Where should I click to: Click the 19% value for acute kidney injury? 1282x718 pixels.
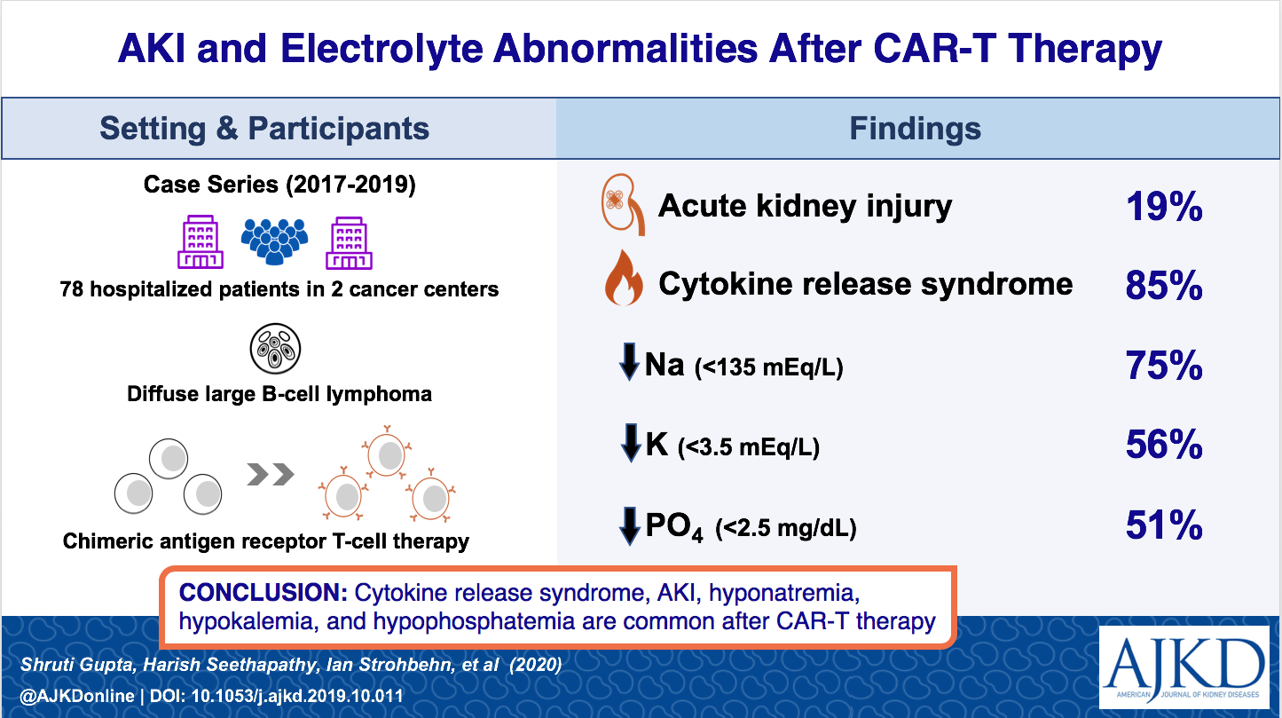(x=1164, y=207)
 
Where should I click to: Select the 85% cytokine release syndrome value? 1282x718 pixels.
(x=1164, y=285)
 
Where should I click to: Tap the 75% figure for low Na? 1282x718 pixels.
(x=1164, y=366)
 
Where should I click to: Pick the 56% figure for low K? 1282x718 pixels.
(x=1164, y=445)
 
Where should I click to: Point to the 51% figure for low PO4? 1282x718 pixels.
(x=1164, y=525)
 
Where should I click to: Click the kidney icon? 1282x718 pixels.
(x=623, y=204)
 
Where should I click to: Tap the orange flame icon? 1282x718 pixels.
(x=624, y=278)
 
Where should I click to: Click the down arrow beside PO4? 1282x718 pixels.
(x=630, y=525)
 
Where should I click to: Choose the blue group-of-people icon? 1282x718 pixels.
(x=275, y=241)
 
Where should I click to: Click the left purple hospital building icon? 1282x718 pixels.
(x=201, y=241)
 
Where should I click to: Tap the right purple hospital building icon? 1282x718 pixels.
(x=350, y=243)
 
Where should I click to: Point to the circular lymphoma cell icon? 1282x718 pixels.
(x=275, y=348)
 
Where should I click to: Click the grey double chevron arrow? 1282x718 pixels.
(x=270, y=474)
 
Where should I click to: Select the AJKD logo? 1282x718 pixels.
(x=1184, y=667)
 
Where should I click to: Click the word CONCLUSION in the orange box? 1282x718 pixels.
(x=263, y=593)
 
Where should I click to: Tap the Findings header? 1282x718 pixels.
(x=915, y=129)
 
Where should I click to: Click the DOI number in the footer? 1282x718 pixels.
(x=296, y=696)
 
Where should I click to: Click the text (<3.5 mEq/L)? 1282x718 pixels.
(x=749, y=447)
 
